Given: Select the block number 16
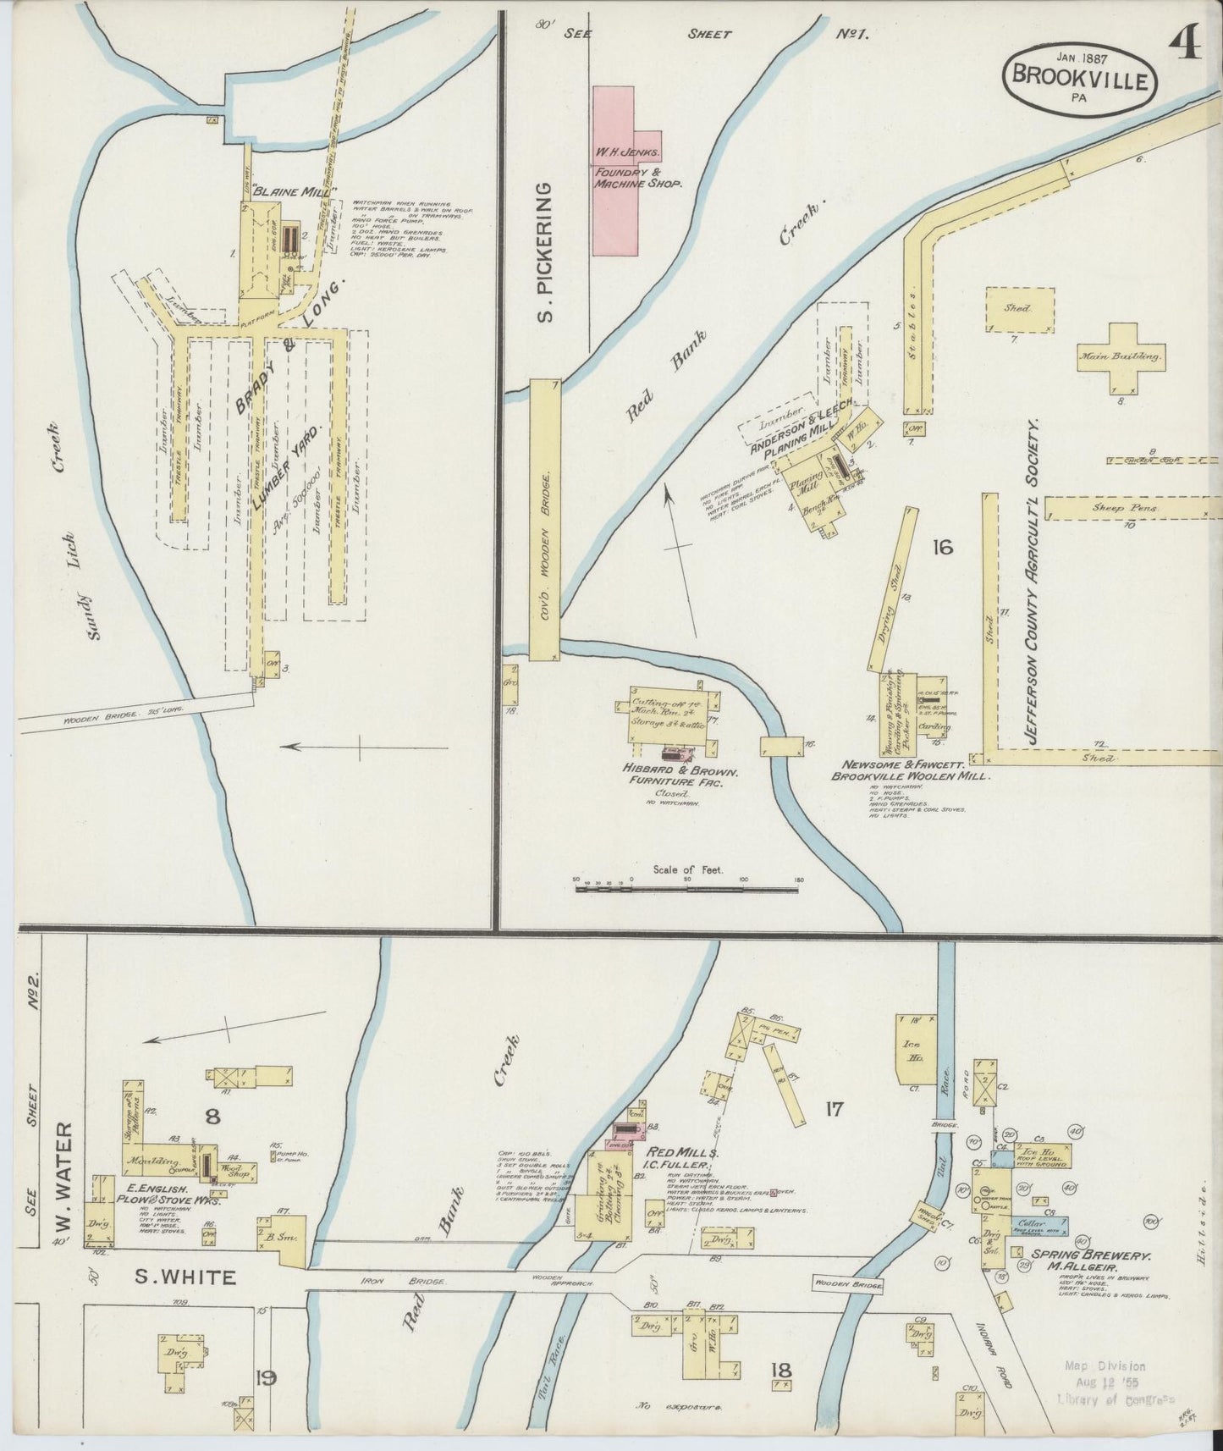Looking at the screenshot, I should [x=941, y=547].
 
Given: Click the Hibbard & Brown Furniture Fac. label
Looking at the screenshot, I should [x=683, y=778].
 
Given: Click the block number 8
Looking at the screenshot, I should [x=212, y=1117].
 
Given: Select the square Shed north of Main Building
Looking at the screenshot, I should [x=1020, y=310].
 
